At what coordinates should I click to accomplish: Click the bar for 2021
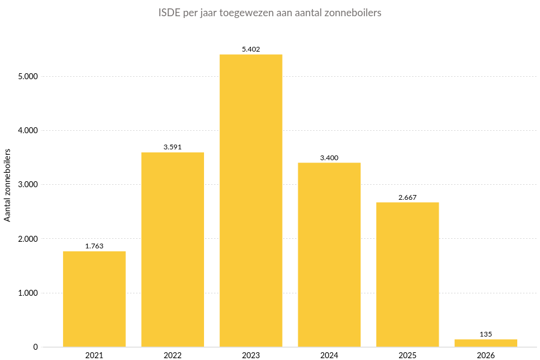pyautogui.click(x=94, y=299)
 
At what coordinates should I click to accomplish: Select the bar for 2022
pyautogui.click(x=172, y=250)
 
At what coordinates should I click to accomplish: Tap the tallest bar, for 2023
pyautogui.click(x=251, y=200)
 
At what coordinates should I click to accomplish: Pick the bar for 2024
pyautogui.click(x=329, y=254)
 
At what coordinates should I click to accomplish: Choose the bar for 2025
pyautogui.click(x=407, y=274)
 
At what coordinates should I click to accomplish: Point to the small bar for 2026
pyautogui.click(x=485, y=343)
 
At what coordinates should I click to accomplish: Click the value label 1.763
pyautogui.click(x=94, y=246)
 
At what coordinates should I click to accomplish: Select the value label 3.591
pyautogui.click(x=172, y=147)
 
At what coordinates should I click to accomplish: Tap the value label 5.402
pyautogui.click(x=251, y=49)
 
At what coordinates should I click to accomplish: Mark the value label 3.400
pyautogui.click(x=329, y=158)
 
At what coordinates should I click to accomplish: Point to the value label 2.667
pyautogui.click(x=407, y=197)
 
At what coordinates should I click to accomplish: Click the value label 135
pyautogui.click(x=485, y=334)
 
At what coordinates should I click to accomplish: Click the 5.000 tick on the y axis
pyautogui.click(x=28, y=76)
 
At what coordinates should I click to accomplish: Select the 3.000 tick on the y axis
pyautogui.click(x=28, y=185)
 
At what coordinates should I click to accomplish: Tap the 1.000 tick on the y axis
pyautogui.click(x=28, y=293)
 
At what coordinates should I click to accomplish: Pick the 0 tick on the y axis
pyautogui.click(x=35, y=347)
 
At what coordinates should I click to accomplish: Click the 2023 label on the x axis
pyautogui.click(x=251, y=356)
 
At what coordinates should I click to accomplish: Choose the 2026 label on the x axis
pyautogui.click(x=485, y=356)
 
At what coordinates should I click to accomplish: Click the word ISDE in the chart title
pyautogui.click(x=169, y=13)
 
